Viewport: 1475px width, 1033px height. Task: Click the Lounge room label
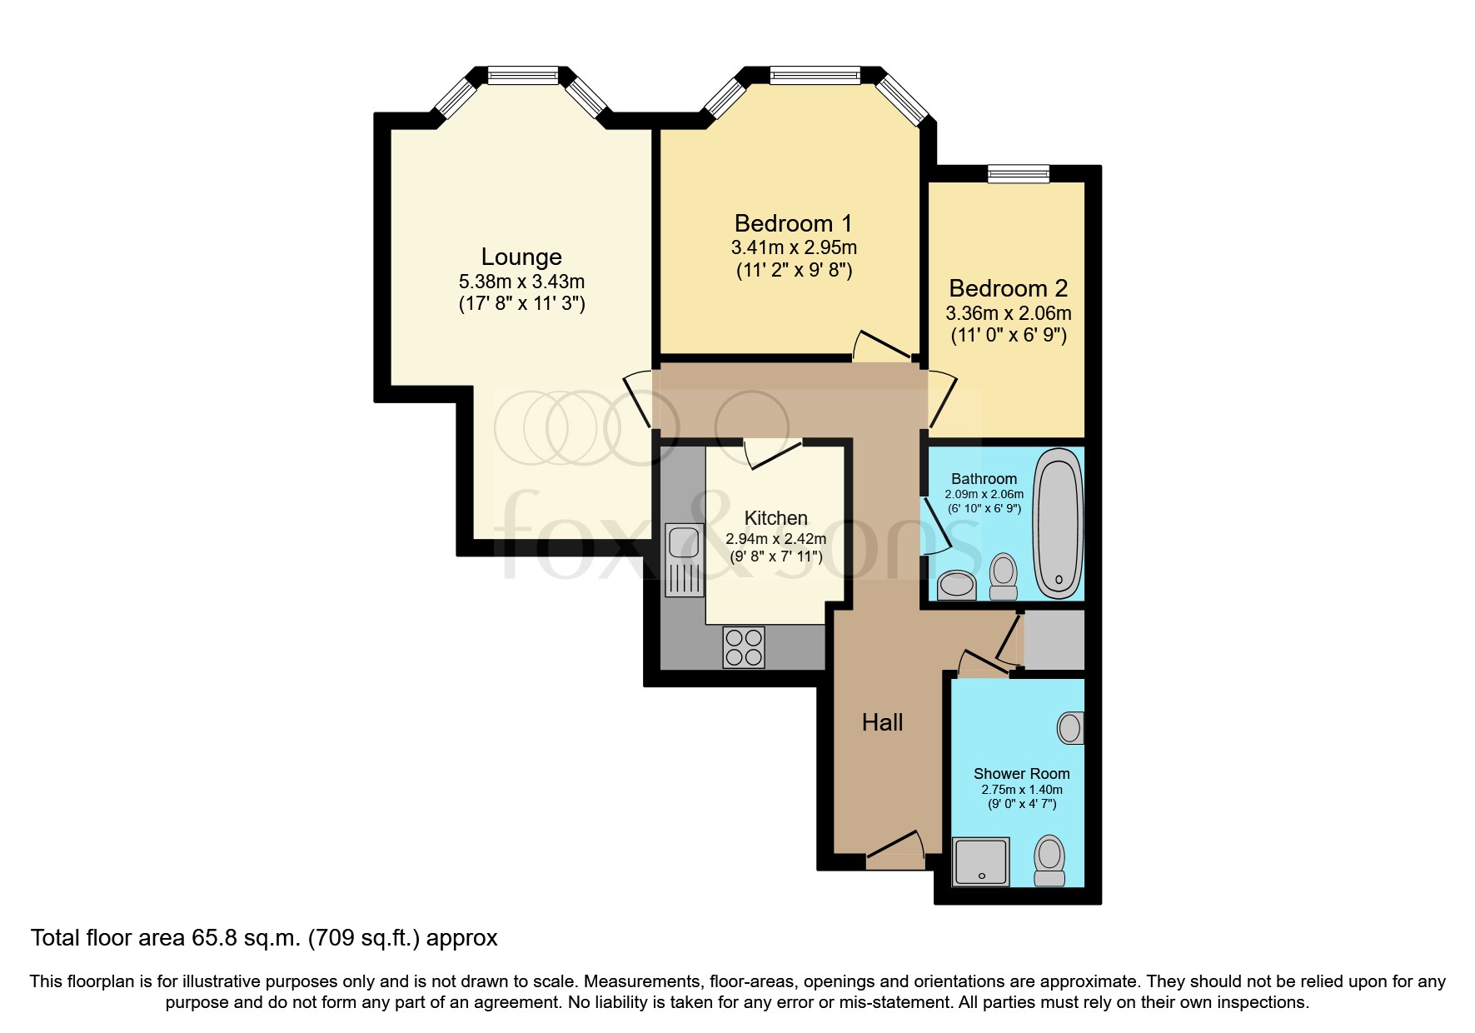[521, 257]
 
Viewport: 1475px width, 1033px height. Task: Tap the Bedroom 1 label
[793, 223]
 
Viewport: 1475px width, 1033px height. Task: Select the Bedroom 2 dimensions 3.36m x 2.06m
[1008, 314]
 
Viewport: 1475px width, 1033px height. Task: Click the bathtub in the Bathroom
[1058, 523]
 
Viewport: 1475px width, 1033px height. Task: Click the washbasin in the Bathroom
[956, 585]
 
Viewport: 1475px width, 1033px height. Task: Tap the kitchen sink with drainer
[684, 559]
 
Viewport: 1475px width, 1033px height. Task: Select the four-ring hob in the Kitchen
[744, 647]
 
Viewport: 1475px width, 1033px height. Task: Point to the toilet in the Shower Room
[1049, 861]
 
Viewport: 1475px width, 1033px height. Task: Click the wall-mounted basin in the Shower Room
[1070, 727]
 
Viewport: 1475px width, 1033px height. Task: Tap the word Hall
[882, 722]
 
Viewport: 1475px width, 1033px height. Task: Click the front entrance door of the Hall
[896, 849]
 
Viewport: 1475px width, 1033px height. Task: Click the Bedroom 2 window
[1018, 173]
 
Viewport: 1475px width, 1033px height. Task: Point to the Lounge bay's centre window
[522, 76]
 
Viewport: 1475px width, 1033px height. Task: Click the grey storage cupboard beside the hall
[1054, 640]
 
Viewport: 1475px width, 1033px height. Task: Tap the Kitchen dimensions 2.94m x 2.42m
[775, 539]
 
